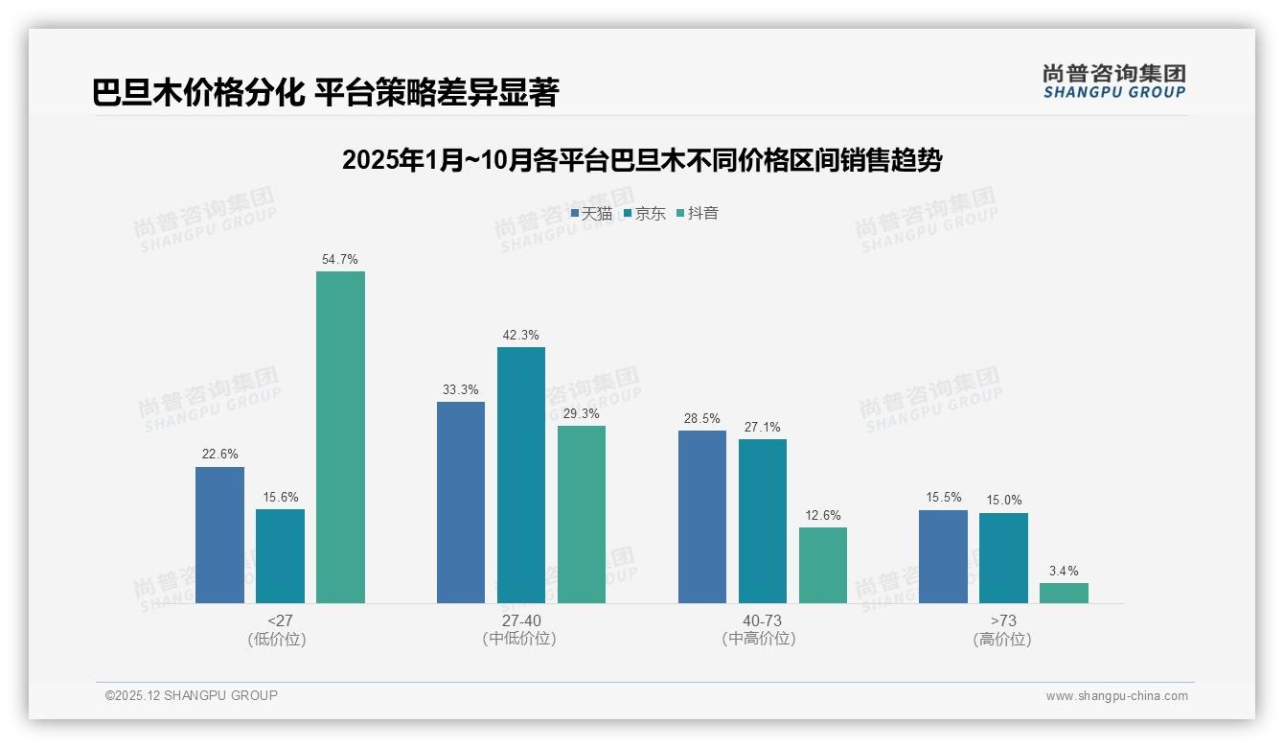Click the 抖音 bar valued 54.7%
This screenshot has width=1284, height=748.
[x=340, y=437]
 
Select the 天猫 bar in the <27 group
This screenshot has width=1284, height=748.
[x=219, y=535]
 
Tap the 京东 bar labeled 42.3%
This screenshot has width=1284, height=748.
[x=521, y=475]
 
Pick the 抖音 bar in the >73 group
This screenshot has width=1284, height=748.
[x=1064, y=593]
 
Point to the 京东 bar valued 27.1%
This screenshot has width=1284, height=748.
[x=763, y=521]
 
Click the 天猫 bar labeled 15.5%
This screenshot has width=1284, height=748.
[x=943, y=556]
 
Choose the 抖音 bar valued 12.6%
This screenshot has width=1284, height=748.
[x=823, y=565]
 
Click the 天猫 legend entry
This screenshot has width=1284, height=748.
[x=591, y=214]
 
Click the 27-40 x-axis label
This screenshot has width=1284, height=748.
[x=520, y=621]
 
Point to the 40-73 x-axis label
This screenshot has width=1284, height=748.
[x=762, y=621]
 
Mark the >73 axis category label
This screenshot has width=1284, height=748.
[x=1002, y=621]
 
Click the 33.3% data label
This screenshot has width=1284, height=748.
[x=461, y=389]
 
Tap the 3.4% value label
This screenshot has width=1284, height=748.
[x=1064, y=571]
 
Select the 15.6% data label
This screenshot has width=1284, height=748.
[x=280, y=497]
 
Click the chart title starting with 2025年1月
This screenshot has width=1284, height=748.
[x=642, y=160]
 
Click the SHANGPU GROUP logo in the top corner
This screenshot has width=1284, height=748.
[x=1114, y=82]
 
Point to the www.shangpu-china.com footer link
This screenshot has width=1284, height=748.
[x=1116, y=696]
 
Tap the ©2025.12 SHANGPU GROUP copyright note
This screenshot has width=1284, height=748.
[x=192, y=695]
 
